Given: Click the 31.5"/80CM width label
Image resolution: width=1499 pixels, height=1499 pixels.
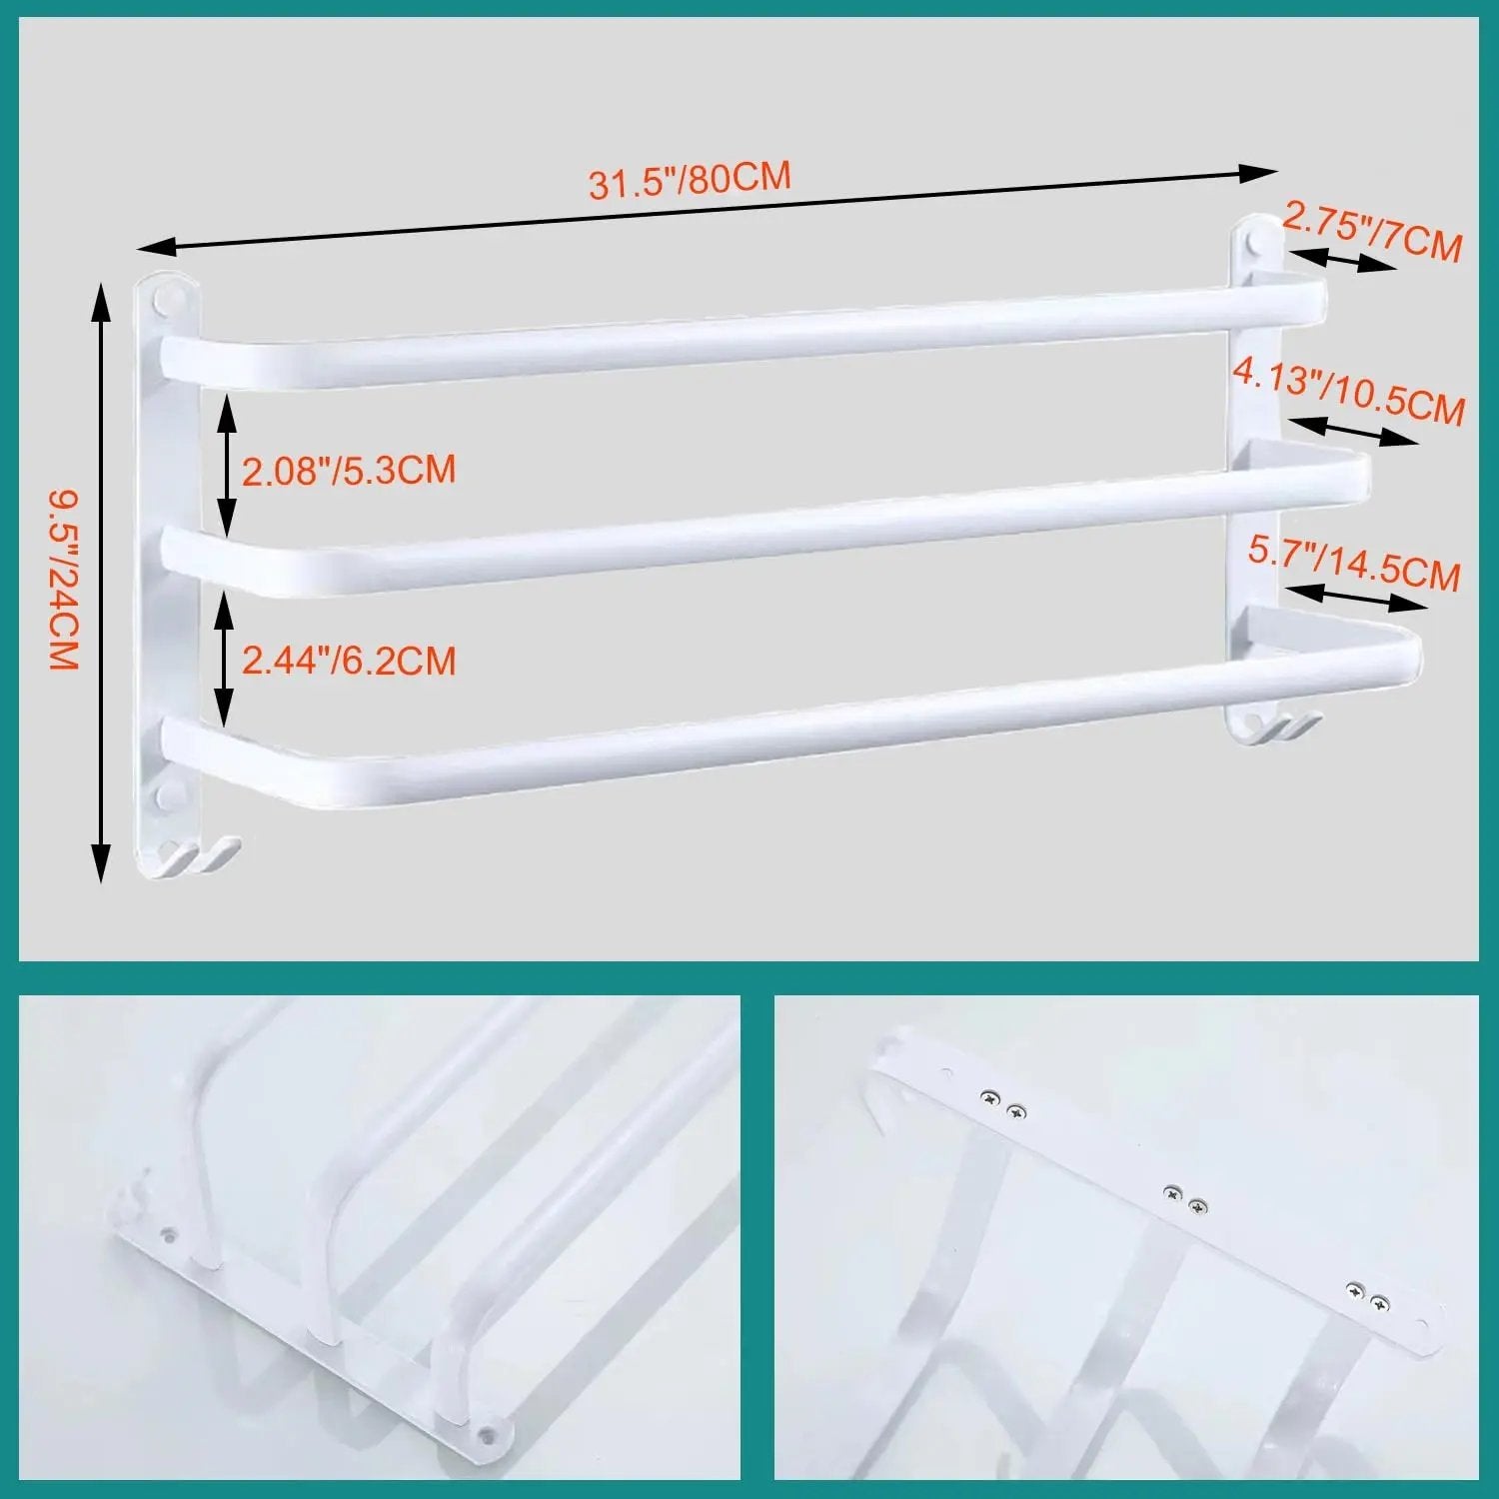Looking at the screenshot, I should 690,180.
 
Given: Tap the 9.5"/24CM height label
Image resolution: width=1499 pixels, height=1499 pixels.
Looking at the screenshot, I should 63,579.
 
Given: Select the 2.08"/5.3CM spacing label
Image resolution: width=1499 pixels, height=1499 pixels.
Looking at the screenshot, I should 349,469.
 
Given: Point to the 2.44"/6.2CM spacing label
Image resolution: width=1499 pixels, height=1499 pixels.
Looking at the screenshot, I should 349,661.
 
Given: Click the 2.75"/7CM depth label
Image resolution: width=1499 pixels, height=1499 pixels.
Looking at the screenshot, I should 1372,232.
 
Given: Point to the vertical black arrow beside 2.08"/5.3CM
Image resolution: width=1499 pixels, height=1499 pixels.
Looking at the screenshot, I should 228,466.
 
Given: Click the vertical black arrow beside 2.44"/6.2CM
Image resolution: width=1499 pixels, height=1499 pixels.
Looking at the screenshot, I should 225,658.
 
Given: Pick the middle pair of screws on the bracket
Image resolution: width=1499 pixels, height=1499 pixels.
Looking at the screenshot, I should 1185,1199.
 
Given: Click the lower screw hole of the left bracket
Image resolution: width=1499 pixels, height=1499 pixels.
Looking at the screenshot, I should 168,796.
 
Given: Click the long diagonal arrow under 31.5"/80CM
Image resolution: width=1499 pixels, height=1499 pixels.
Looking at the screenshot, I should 707,209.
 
